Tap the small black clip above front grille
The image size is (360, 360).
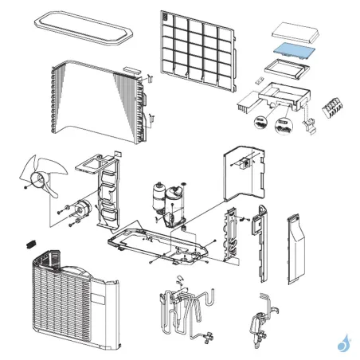pos(33,241)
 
